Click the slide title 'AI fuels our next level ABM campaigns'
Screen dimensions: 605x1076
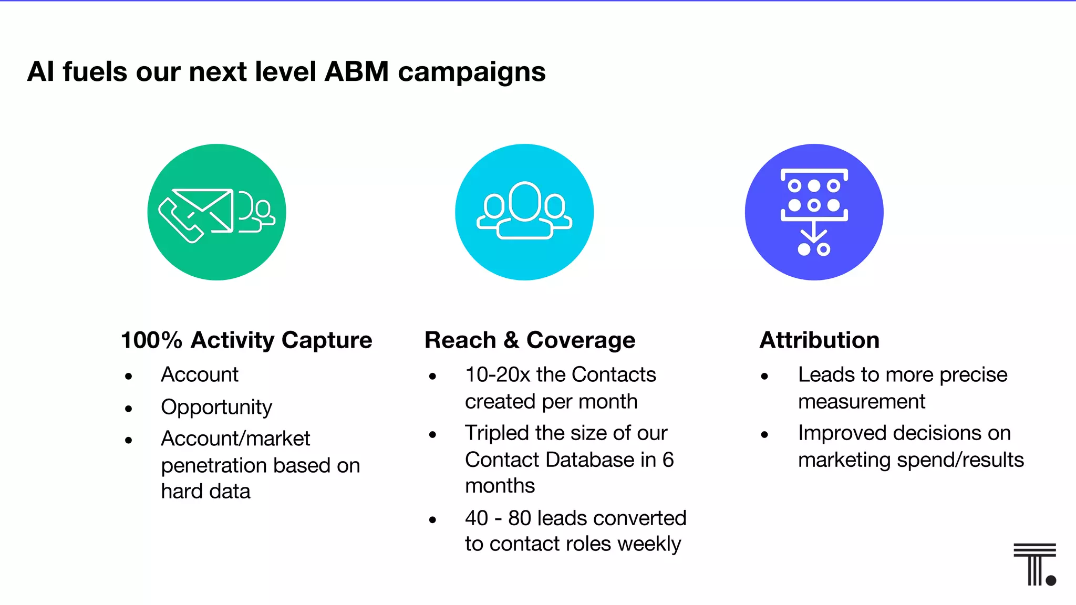pos(286,71)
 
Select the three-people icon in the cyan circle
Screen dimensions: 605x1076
pos(524,211)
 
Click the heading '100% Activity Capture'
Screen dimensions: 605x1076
pos(246,340)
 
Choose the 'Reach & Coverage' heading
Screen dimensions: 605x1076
pos(530,340)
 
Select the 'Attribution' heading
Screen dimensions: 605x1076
pos(819,340)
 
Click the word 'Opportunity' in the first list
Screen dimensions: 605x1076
pos(216,407)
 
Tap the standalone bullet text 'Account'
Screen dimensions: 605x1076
pos(200,374)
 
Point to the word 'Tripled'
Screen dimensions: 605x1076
pos(496,433)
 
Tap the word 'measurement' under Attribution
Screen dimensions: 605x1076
pos(862,402)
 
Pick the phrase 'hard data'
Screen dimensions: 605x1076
pos(205,492)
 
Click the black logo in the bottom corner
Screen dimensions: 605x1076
pos(1034,565)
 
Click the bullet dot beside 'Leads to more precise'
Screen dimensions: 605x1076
pos(764,376)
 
